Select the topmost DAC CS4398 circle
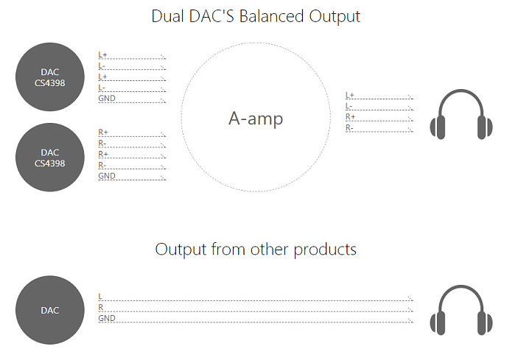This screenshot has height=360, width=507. click(50, 77)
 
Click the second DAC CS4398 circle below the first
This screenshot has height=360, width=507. click(50, 158)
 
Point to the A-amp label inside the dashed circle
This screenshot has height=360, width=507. click(254, 119)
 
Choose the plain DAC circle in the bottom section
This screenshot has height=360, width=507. click(50, 310)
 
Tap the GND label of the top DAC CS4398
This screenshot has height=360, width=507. click(107, 99)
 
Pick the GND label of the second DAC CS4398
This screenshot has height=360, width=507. click(107, 176)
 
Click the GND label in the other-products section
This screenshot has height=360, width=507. click(107, 318)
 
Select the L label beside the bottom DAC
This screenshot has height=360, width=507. click(100, 296)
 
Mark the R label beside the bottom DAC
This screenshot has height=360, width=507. click(100, 307)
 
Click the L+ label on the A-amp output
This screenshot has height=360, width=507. click(350, 95)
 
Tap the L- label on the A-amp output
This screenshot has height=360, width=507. click(349, 106)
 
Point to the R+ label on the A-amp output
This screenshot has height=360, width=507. click(350, 117)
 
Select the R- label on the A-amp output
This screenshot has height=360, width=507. click(349, 128)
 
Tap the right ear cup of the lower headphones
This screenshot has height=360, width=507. click(485, 322)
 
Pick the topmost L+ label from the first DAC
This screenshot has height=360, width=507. click(102, 54)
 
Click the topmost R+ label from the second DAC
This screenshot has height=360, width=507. click(103, 132)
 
